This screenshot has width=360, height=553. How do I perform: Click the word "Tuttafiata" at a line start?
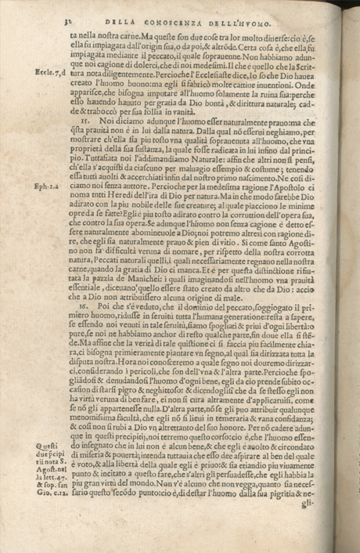point(88,158)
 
